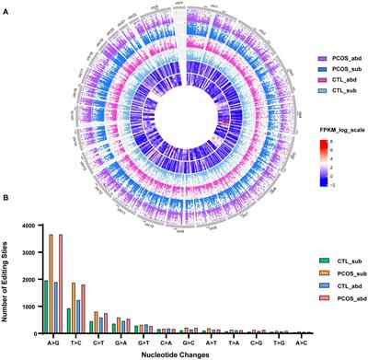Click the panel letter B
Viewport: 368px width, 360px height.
click(6, 214)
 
